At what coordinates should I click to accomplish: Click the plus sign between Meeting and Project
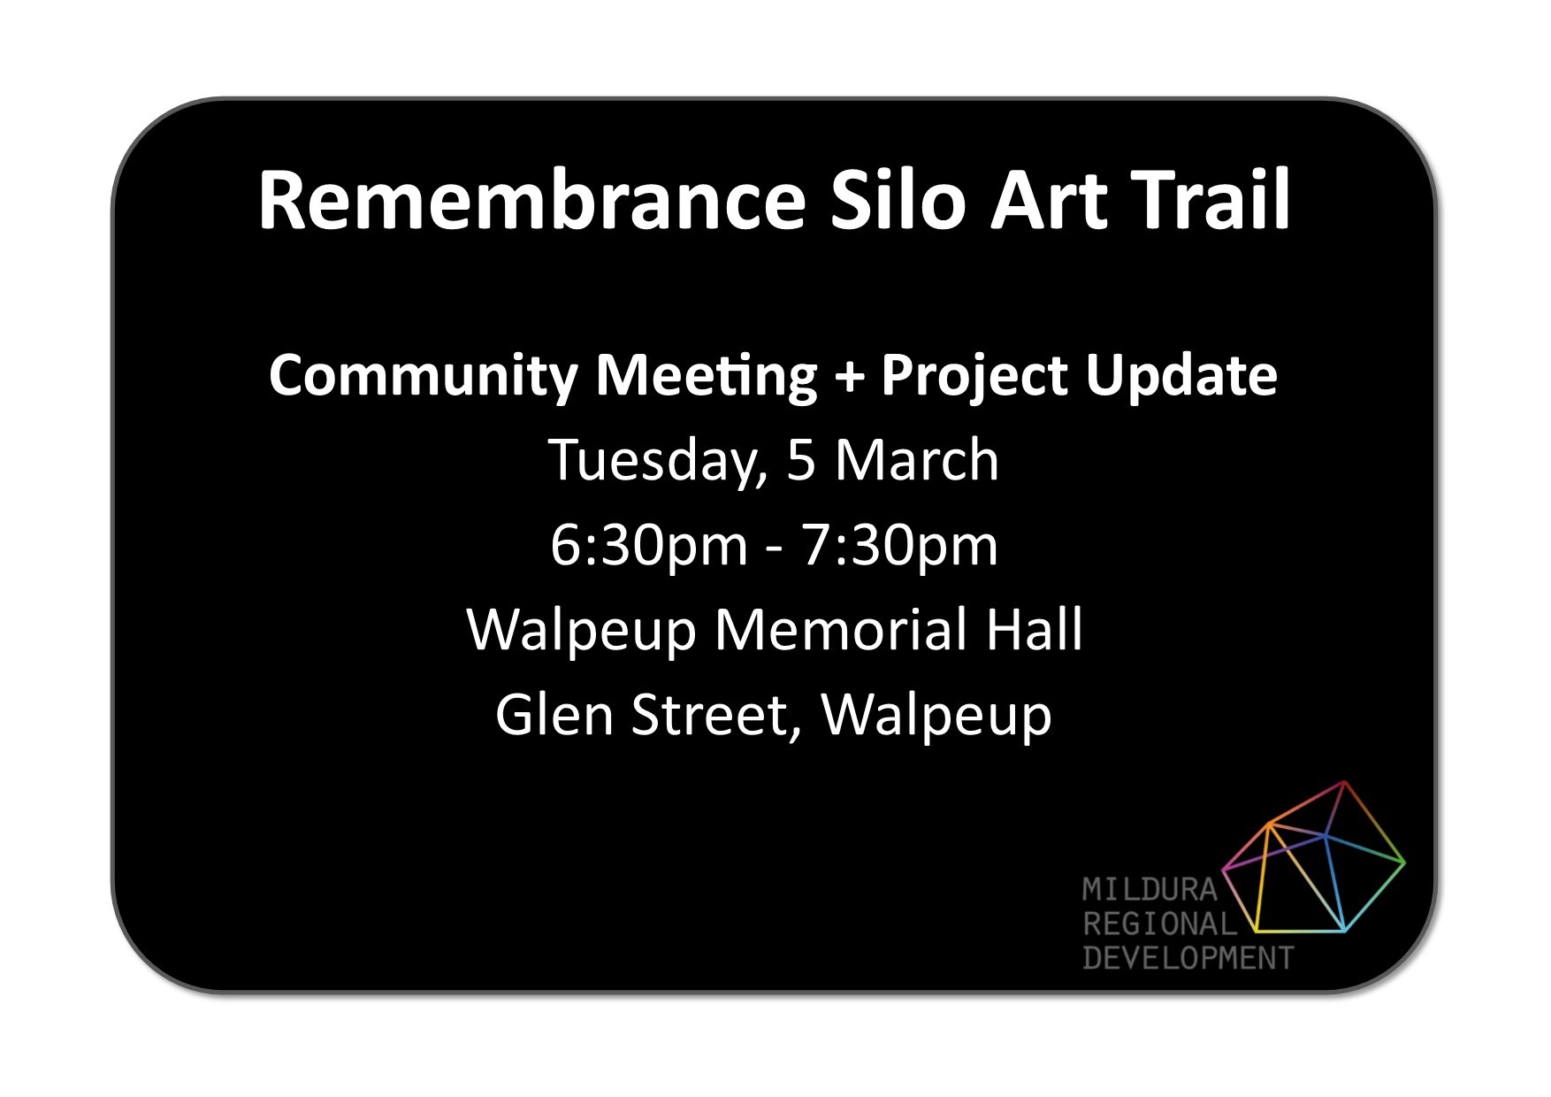(x=849, y=378)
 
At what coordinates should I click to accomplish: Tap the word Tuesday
(x=657, y=461)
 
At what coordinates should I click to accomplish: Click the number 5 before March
(x=800, y=460)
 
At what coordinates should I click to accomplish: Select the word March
(x=917, y=460)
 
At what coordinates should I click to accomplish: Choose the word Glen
(x=554, y=715)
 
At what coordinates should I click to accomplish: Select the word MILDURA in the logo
(x=1150, y=889)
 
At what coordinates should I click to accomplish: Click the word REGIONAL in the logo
(x=1159, y=924)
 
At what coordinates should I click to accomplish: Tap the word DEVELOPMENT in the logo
(x=1188, y=958)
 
